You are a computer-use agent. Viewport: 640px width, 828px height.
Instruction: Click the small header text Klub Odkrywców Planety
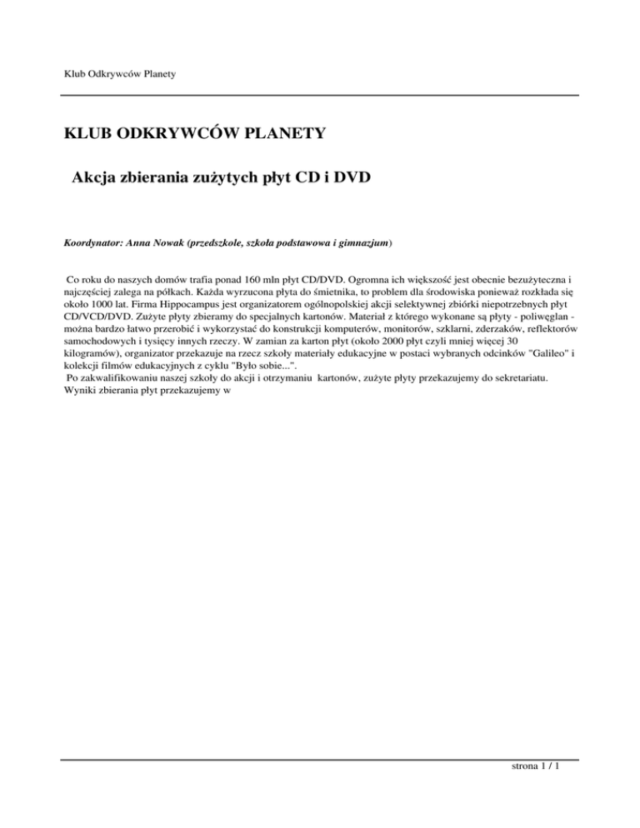pos(124,75)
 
